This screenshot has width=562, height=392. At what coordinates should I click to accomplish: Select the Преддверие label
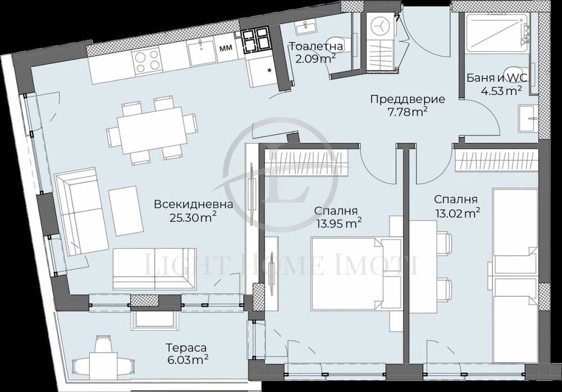(407, 99)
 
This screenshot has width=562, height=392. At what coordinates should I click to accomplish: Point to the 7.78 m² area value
(407, 112)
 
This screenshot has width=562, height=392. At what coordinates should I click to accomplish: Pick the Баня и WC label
(495, 78)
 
